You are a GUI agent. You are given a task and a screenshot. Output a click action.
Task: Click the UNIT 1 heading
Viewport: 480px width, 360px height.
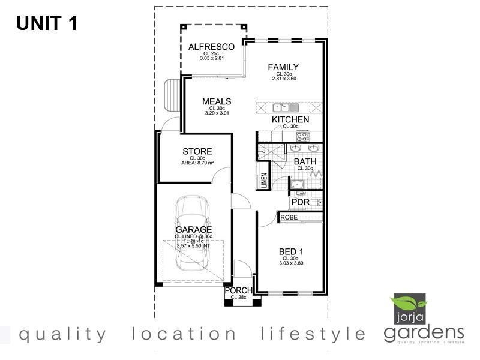(46, 23)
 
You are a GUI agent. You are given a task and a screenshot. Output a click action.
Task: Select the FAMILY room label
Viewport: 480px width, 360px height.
(283, 67)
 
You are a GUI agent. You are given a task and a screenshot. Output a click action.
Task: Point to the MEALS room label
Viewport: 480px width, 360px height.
(217, 101)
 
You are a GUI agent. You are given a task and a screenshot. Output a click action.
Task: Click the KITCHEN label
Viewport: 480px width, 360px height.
(290, 120)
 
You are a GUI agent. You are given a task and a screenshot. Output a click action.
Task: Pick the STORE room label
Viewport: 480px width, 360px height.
(197, 151)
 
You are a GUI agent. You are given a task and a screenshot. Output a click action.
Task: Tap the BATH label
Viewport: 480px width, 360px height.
(305, 161)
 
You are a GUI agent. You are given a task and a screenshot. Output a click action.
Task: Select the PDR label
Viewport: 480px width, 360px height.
(300, 202)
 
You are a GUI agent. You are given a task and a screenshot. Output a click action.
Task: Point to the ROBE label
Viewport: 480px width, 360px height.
(289, 217)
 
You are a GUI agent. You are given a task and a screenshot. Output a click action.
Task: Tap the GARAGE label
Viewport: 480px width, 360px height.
(193, 230)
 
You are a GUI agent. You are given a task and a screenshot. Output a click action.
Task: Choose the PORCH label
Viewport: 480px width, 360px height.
(239, 291)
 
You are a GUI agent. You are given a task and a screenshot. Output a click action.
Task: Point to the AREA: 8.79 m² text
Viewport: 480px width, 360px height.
(197, 163)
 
